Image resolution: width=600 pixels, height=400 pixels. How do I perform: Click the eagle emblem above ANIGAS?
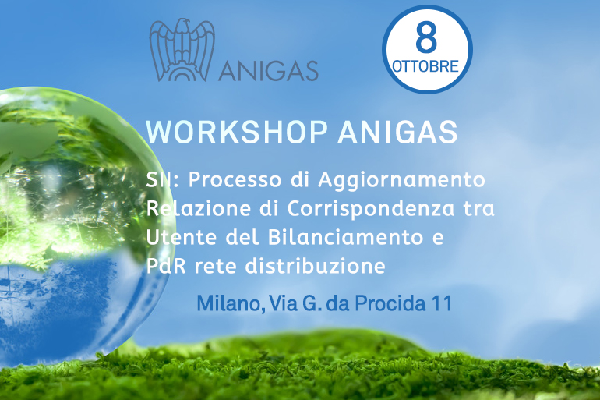coord(182,50)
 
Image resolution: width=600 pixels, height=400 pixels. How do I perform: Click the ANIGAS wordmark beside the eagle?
coord(268,70)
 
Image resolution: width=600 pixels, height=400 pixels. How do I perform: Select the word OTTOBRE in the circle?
coord(425,66)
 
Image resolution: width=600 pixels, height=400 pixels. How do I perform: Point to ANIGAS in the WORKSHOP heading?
coord(397,132)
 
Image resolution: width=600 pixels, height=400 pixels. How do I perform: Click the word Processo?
coord(235,179)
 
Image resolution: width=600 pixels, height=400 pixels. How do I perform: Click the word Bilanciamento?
coord(345,237)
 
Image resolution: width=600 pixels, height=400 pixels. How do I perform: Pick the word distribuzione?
coord(315,266)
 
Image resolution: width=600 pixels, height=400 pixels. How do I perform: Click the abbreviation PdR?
coord(166,266)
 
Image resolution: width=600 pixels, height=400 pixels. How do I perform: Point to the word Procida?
coord(390,303)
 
